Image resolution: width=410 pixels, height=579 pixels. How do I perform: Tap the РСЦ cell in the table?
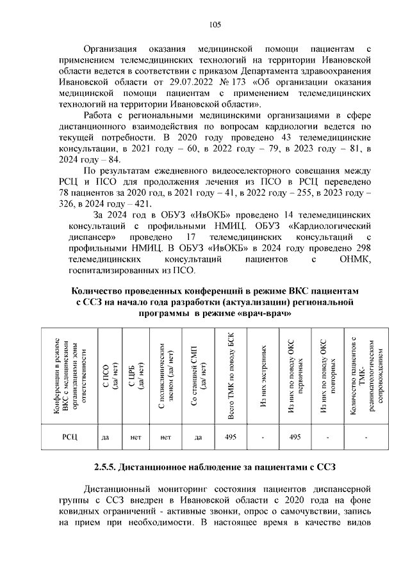click(69, 437)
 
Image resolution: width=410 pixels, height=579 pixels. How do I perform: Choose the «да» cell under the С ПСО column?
click(106, 437)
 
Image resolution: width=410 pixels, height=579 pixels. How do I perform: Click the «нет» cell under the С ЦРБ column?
click(135, 437)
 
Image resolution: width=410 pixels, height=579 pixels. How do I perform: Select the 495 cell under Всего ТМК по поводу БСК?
click(232, 437)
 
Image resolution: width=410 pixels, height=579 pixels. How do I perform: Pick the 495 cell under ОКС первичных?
click(295, 437)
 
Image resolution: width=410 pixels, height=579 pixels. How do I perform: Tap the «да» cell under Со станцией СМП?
click(199, 437)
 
